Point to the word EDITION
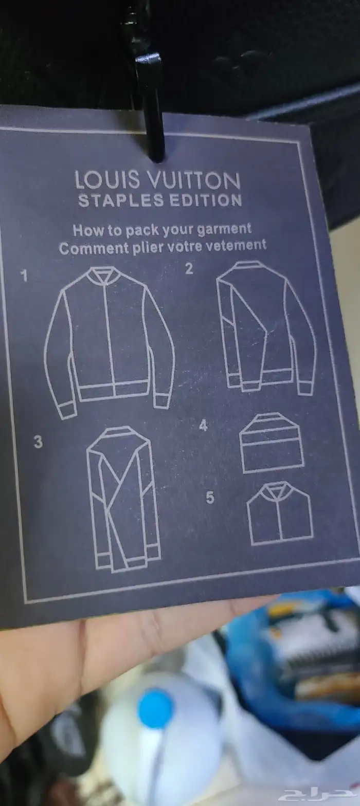pos(206,200)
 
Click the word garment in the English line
pos(224,230)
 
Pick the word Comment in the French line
pos(94,248)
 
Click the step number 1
pos(24,276)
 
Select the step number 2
pos(189,269)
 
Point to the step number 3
pos(38,442)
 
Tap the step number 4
pos(204,426)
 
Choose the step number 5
pos(210,498)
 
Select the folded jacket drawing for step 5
pos(280,514)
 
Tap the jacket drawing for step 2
pos(266,327)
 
